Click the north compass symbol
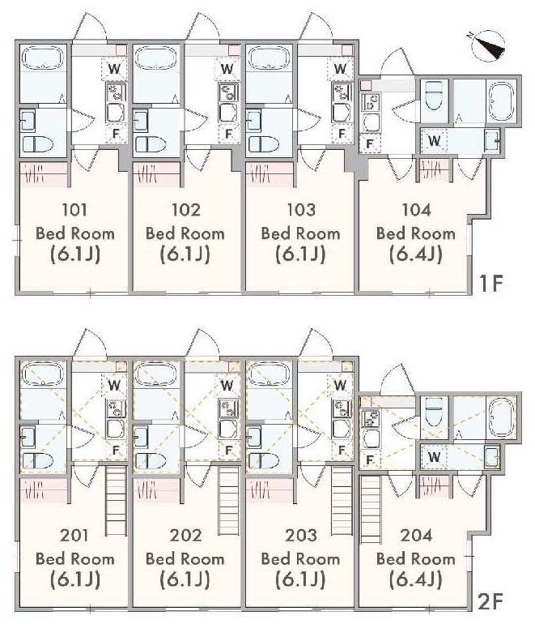(x=488, y=45)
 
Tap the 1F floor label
(x=491, y=283)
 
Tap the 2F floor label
(x=490, y=601)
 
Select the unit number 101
(x=74, y=210)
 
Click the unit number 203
(x=301, y=535)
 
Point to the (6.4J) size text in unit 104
(x=416, y=254)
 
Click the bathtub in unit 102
(x=155, y=58)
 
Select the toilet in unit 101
(x=38, y=144)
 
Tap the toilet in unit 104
(x=434, y=95)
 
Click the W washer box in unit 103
(x=340, y=68)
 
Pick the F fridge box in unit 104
(x=370, y=143)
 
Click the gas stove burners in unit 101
(x=116, y=92)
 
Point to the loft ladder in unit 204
(x=371, y=510)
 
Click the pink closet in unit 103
(x=270, y=174)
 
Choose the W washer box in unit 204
(x=434, y=457)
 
